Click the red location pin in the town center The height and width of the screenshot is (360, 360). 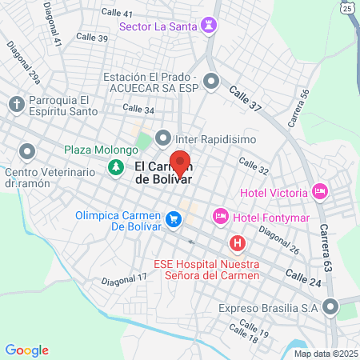tap(181, 162)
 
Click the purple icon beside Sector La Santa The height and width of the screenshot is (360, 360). tap(210, 26)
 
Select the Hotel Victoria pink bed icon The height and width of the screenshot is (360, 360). tap(320, 192)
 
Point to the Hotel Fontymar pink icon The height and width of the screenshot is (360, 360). tap(221, 216)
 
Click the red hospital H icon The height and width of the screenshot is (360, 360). tap(237, 242)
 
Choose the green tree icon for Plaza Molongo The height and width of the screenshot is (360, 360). tap(116, 167)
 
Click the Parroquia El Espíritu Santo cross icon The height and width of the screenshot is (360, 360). tap(16, 105)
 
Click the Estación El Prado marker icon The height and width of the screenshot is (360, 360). tap(211, 81)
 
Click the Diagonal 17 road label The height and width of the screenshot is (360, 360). tap(125, 279)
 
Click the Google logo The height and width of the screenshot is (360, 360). tap(27, 350)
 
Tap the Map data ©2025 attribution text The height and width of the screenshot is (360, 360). tap(326, 354)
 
